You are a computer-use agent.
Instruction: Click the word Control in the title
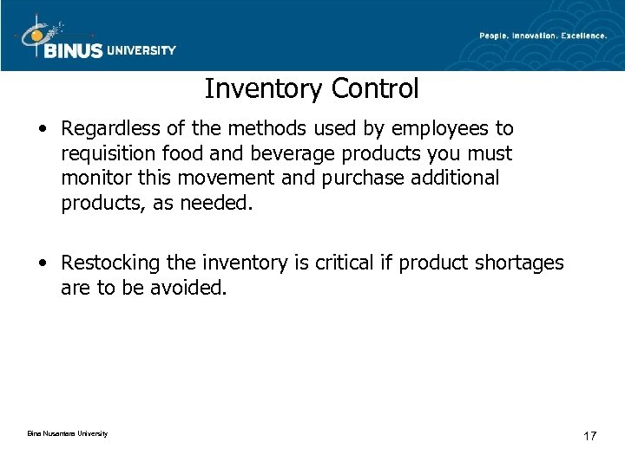[x=375, y=88]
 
